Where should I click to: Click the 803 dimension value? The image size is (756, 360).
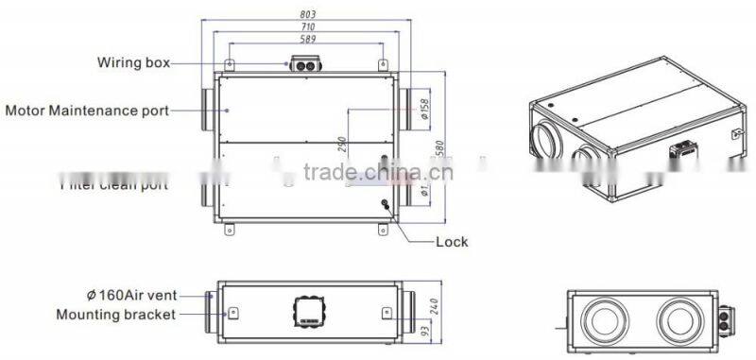click(305, 15)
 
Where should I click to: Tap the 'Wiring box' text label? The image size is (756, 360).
click(133, 63)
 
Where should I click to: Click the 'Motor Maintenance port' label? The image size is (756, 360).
click(88, 111)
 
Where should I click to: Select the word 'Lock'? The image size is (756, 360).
click(451, 241)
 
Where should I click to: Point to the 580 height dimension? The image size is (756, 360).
click(439, 151)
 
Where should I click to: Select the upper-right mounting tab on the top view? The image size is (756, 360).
click(383, 66)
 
